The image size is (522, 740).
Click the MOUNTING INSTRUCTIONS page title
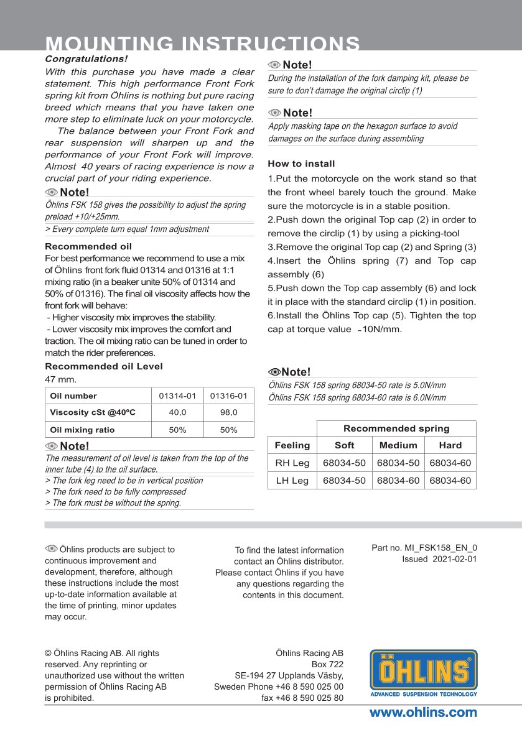[203, 44]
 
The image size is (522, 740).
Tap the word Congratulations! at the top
[86, 58]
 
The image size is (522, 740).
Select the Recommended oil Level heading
[104, 366]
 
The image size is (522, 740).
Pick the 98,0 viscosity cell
[228, 412]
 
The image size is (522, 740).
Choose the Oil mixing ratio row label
[82, 430]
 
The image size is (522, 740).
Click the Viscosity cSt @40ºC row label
[92, 412]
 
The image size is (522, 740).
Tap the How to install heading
[301, 164]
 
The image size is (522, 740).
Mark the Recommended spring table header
[396, 428]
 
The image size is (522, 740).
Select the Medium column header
[398, 445]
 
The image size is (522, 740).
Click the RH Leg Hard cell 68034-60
[450, 463]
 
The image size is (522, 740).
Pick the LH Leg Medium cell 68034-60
[398, 481]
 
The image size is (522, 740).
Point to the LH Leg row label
[292, 481]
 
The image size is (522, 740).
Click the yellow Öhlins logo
[424, 672]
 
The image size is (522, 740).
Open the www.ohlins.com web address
[423, 713]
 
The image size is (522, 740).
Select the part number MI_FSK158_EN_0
[441, 548]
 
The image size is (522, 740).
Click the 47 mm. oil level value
[60, 379]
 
